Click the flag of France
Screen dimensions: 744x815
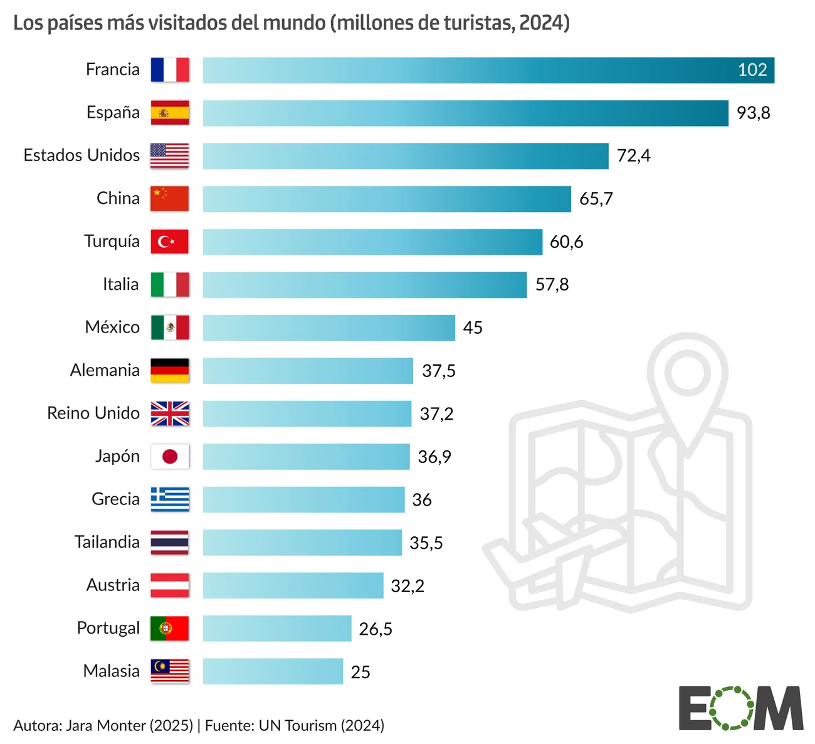pos(169,70)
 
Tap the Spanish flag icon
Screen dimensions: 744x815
pos(169,113)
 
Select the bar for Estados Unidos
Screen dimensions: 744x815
pos(405,156)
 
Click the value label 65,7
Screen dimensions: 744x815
pos(596,199)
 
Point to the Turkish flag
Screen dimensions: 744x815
pos(169,242)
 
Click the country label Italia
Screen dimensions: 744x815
pos(120,284)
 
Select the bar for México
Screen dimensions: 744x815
pos(329,327)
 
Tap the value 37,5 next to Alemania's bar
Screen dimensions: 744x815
pos(438,371)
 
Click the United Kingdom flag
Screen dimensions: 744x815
pos(169,413)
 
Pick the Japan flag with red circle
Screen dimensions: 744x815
pos(169,456)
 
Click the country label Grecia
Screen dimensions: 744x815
pos(115,499)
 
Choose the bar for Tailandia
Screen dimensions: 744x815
pos(302,543)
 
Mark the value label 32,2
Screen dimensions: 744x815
pos(407,586)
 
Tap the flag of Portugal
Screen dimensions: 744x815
pos(169,628)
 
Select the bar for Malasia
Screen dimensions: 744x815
pos(273,671)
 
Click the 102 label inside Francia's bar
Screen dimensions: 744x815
pos(752,70)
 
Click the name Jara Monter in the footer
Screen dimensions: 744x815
pos(105,726)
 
